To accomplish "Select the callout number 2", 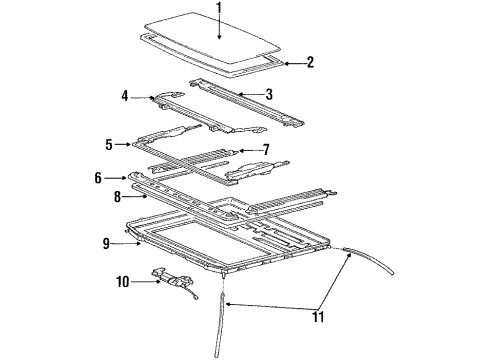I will click(x=310, y=63).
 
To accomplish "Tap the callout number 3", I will click(x=268, y=95).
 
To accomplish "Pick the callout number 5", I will click(x=109, y=143).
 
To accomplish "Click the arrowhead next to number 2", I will click(x=287, y=63).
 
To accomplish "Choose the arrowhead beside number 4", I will click(x=143, y=97).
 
